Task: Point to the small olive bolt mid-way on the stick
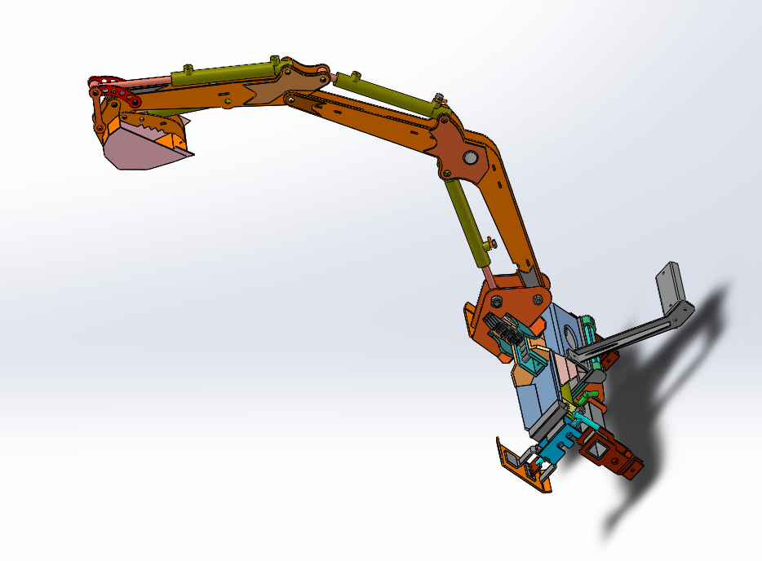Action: pyautogui.click(x=229, y=102)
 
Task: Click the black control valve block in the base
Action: pyautogui.click(x=506, y=330)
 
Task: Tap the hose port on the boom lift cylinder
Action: pyautogui.click(x=492, y=242)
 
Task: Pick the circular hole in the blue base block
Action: pyautogui.click(x=569, y=334)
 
